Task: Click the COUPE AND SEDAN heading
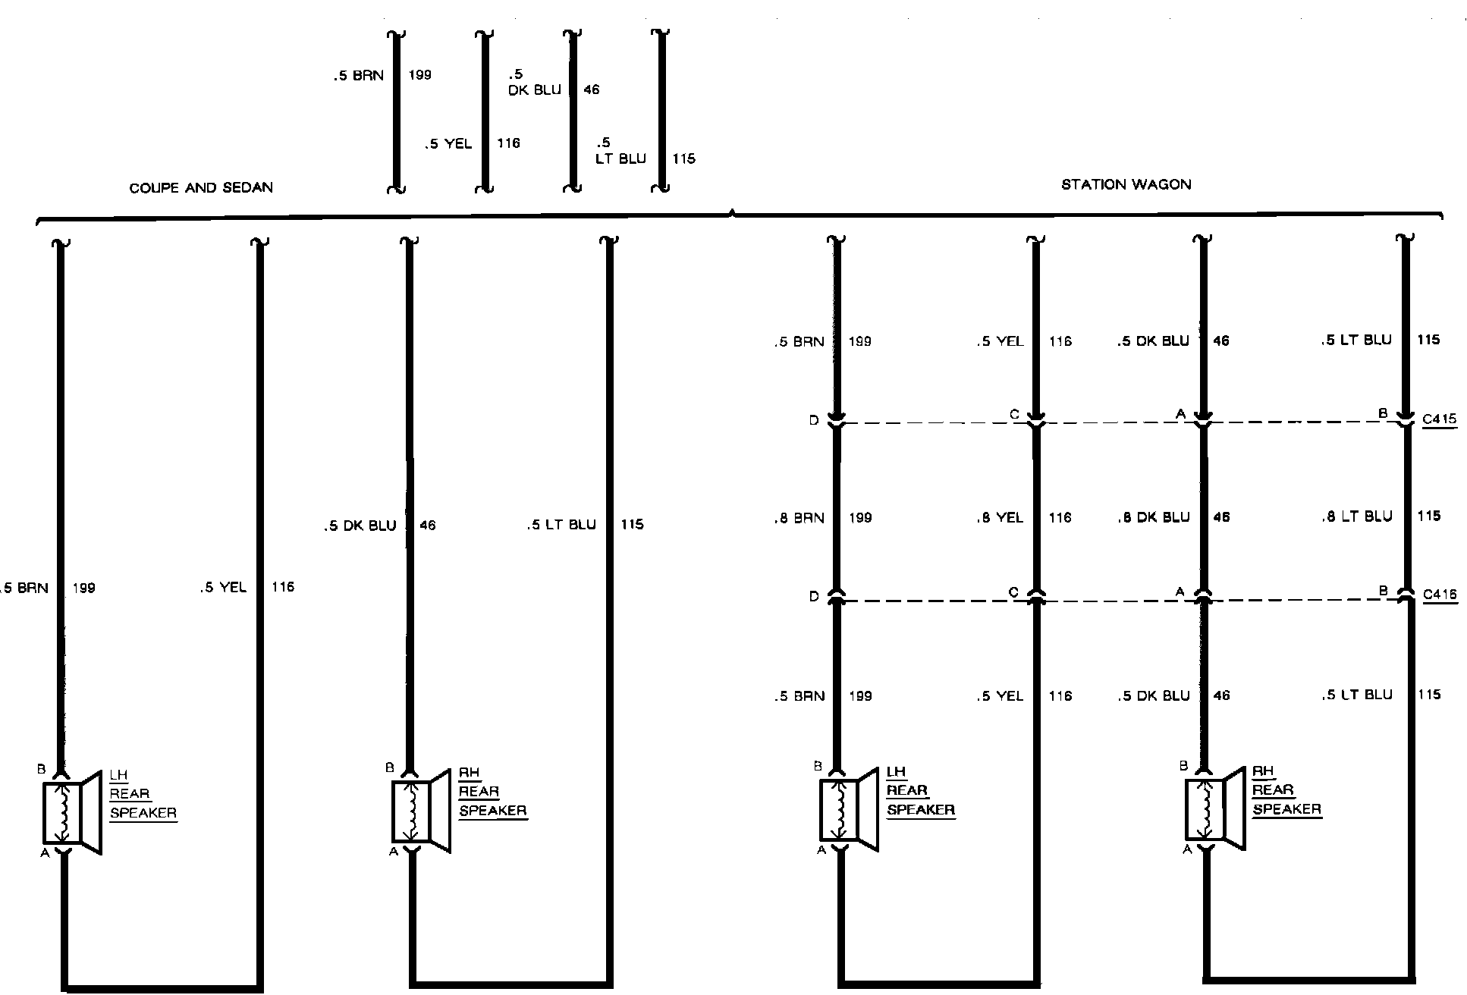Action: (201, 188)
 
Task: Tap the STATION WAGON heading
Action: (1126, 184)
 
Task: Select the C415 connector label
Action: (1439, 419)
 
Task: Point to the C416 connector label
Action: (1439, 595)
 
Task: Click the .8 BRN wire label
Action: (799, 519)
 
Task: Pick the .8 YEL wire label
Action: (1000, 518)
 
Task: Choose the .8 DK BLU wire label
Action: (1153, 518)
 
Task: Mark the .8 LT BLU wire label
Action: (1356, 516)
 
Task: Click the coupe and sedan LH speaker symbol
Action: (72, 812)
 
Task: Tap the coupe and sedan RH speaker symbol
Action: (421, 811)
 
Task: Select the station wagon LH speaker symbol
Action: (849, 810)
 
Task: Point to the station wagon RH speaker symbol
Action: (1214, 808)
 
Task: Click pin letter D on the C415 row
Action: (814, 420)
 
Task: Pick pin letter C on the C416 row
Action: (1013, 592)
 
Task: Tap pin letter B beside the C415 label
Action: (1383, 413)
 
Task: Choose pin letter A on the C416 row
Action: (1180, 592)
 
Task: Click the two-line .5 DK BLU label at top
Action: (535, 82)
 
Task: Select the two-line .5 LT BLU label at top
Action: (620, 151)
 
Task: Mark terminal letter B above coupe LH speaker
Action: (42, 769)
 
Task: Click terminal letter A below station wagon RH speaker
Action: (1187, 849)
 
